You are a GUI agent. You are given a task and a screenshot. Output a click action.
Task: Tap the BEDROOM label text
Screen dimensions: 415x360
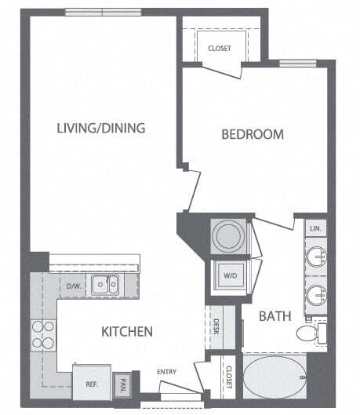click(252, 135)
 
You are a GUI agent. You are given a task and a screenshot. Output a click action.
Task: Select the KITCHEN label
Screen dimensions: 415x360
click(126, 332)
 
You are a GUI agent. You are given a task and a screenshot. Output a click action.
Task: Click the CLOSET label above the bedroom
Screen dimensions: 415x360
click(220, 49)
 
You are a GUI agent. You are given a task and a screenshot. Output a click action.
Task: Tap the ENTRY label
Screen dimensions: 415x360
click(167, 372)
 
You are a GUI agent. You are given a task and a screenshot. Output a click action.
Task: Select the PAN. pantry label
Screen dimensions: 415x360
click(123, 385)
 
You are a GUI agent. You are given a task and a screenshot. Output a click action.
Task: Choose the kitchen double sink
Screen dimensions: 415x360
click(104, 284)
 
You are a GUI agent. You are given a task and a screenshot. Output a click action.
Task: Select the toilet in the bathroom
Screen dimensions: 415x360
click(309, 333)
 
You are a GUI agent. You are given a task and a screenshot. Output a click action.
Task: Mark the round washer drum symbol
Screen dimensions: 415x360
click(230, 235)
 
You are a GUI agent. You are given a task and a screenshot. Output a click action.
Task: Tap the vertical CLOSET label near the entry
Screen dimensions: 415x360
click(229, 377)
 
